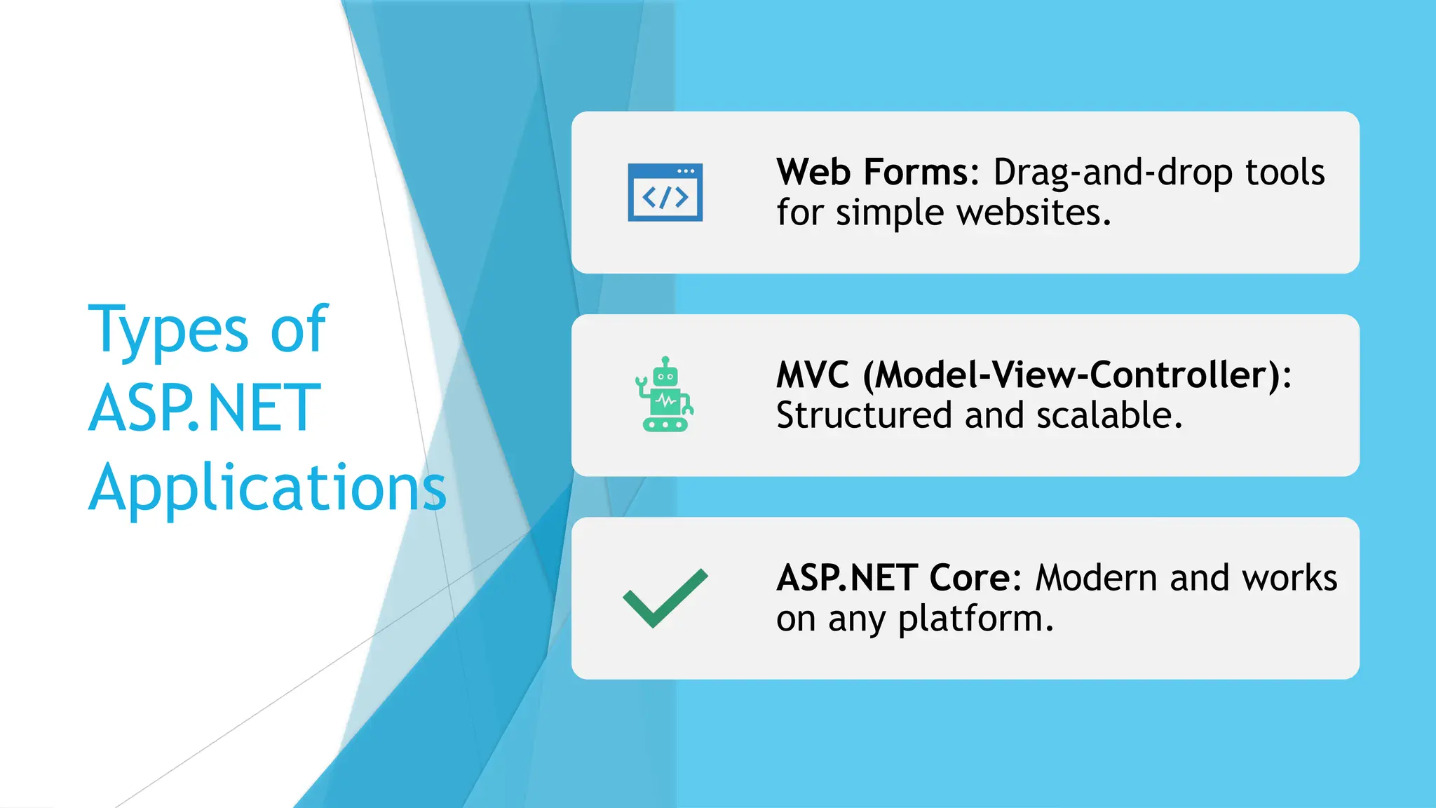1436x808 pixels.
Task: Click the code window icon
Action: point(665,192)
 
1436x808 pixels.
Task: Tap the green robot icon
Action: point(664,395)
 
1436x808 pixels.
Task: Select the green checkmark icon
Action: point(665,598)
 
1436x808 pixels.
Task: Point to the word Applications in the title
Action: point(267,489)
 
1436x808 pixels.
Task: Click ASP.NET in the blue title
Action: point(204,408)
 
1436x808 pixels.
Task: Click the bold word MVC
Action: point(812,375)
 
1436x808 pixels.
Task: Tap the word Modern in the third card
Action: point(1096,579)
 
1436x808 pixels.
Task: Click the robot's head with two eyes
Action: point(665,376)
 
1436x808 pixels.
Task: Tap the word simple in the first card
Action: point(889,213)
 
